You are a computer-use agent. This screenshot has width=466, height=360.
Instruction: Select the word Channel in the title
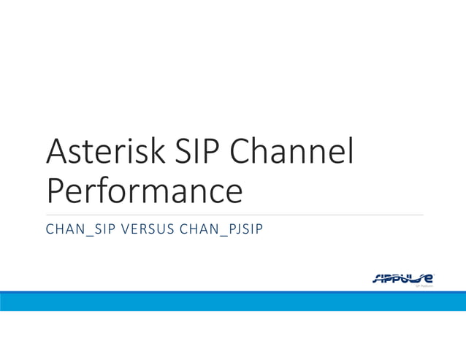tap(292, 152)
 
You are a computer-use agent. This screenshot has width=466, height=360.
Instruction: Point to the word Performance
tap(144, 191)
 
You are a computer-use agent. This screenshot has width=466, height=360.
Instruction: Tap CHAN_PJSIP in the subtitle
tap(225, 230)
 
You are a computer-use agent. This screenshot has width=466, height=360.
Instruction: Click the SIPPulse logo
tap(404, 278)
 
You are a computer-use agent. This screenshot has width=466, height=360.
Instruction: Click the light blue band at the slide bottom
tap(233, 303)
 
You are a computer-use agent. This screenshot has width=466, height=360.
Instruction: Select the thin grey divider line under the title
tap(233, 215)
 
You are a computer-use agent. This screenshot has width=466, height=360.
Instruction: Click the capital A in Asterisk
tap(58, 152)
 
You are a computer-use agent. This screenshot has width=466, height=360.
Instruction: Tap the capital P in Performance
tap(56, 191)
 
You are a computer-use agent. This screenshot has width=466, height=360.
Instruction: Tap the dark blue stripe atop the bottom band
tap(233, 293)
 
